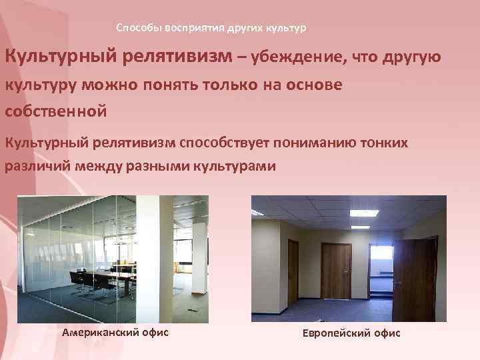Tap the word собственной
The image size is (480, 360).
pyautogui.click(x=56, y=111)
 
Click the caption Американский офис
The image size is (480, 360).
pyautogui.click(x=115, y=332)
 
